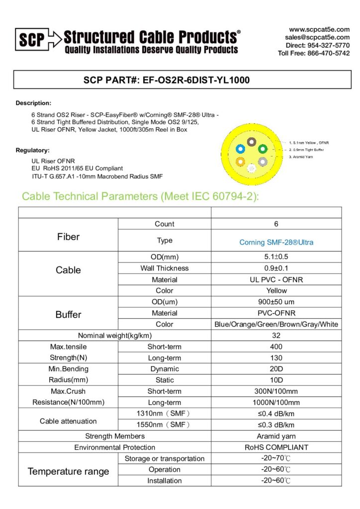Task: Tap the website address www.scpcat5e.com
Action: coord(319,29)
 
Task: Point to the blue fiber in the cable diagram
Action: coord(241,148)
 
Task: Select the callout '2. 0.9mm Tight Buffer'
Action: coord(306,150)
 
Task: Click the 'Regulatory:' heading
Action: coord(33,150)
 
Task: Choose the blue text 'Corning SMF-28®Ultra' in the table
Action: coord(276,243)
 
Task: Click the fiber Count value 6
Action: coord(276,224)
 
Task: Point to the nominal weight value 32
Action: coord(276,336)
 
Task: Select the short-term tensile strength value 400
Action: coord(276,346)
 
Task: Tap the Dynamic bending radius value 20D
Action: coord(276,369)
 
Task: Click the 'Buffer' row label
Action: coord(68,315)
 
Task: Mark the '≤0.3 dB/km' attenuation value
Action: coord(276,425)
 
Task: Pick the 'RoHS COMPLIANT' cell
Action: coord(276,447)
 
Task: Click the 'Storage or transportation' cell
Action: coord(165,458)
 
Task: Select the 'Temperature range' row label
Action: coord(68,471)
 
